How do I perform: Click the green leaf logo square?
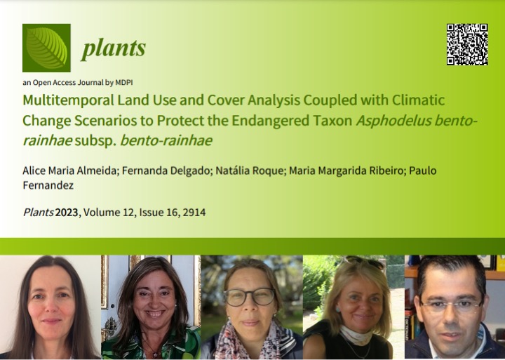46,48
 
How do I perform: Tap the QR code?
467,44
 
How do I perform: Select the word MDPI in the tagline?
124,83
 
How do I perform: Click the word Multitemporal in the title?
68,100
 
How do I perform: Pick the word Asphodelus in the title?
393,121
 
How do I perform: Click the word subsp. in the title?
95,141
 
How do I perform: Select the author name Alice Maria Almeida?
69,171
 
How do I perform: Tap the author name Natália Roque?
249,171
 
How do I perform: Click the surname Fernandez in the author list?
48,185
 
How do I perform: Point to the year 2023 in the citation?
67,213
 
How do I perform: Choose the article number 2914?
194,213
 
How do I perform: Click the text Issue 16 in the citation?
159,213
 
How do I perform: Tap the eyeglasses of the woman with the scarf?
250,297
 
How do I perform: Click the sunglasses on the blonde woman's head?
364,262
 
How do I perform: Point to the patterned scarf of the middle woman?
249,342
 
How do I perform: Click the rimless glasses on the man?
451,307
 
